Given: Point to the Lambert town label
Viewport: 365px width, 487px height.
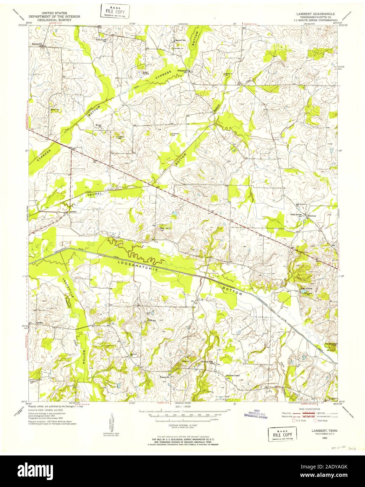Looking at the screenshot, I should pyautogui.click(x=73, y=212).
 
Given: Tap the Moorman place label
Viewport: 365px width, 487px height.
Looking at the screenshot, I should pyautogui.click(x=312, y=216).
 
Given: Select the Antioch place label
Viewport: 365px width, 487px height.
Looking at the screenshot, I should pyautogui.click(x=134, y=355).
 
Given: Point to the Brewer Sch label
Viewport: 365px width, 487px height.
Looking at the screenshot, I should pyautogui.click(x=99, y=125).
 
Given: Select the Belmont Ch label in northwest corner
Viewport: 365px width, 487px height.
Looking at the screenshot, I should pyautogui.click(x=37, y=44).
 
